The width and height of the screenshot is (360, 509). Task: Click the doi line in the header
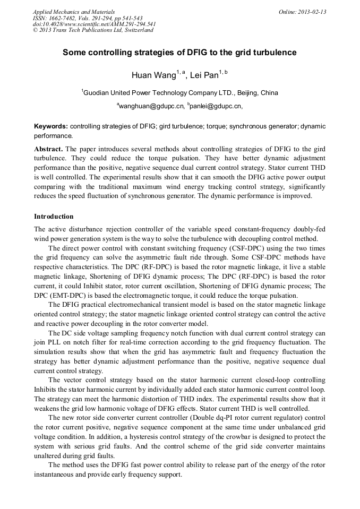point(94,24)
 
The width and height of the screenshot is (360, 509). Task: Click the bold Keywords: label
point(51,127)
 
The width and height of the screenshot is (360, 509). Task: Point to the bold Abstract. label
point(48,149)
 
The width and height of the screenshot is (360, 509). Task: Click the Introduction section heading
point(54,217)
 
